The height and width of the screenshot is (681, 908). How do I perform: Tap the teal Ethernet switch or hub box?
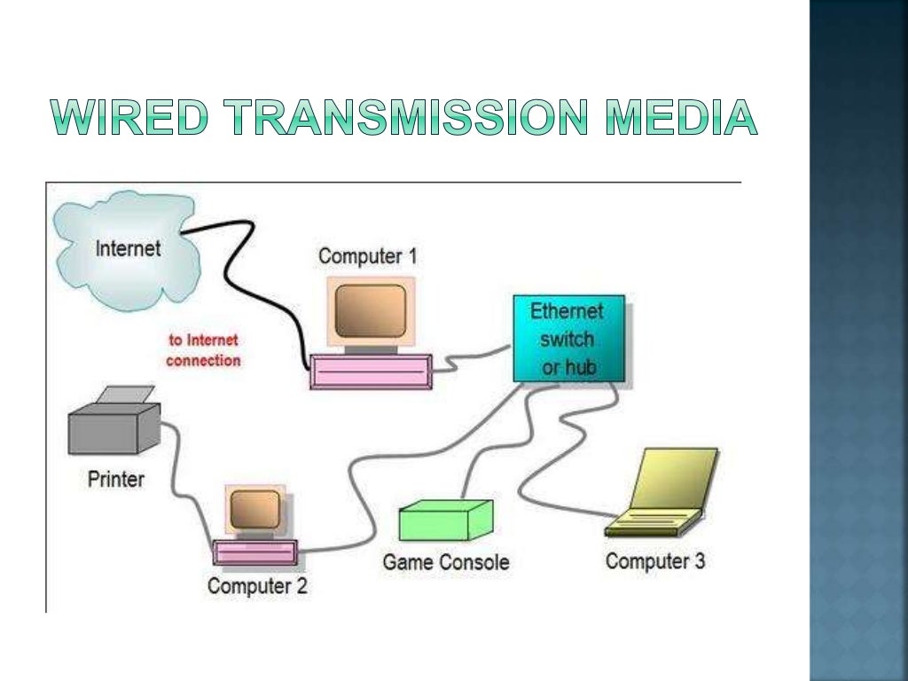tap(568, 339)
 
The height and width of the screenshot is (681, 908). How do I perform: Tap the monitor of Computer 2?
tap(255, 510)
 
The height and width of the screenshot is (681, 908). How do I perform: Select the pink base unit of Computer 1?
tap(371, 372)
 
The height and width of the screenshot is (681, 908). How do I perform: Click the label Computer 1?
tap(367, 257)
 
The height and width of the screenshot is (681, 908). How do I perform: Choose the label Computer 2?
tap(257, 586)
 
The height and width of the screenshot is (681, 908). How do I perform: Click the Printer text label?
tap(115, 480)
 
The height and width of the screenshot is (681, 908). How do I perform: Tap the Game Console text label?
tap(446, 562)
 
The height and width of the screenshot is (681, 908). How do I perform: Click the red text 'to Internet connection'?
tap(203, 350)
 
